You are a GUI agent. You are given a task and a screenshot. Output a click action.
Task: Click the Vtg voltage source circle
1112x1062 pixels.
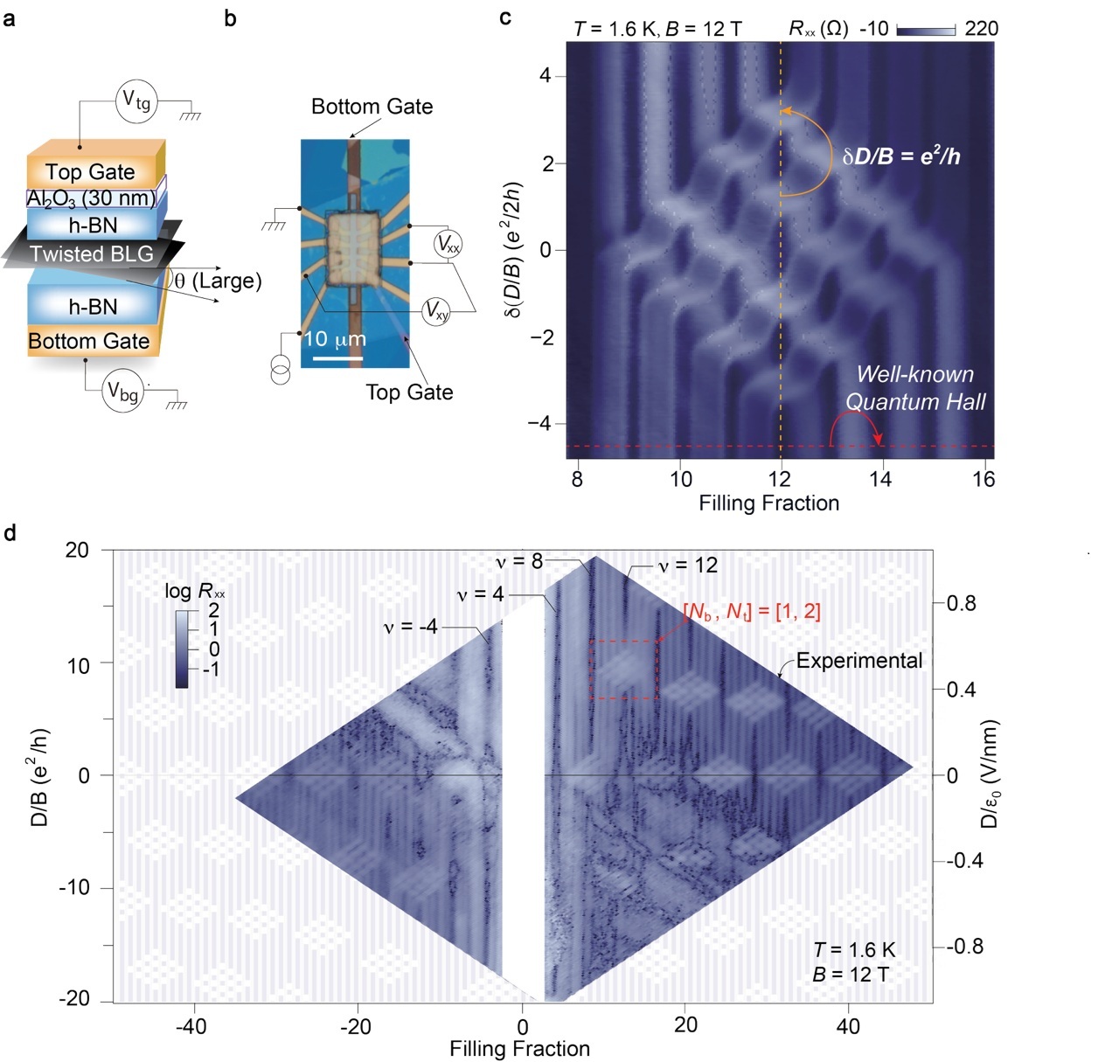pos(136,101)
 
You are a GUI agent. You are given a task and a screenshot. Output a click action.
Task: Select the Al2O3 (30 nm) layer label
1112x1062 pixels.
pos(91,198)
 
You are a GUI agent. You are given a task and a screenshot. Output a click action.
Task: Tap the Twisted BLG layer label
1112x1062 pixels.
pos(92,253)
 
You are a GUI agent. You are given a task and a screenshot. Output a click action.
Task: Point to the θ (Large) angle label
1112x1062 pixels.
pos(218,281)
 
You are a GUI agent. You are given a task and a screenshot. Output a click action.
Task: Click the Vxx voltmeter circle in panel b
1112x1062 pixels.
pos(448,245)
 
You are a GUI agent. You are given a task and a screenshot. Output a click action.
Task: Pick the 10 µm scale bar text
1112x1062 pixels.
pos(335,339)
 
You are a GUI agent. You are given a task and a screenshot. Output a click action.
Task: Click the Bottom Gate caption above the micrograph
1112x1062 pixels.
pos(372,107)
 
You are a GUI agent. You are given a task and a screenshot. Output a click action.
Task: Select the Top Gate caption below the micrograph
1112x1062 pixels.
pos(409,392)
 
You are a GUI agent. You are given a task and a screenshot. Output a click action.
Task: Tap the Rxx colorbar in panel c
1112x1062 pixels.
pos(926,30)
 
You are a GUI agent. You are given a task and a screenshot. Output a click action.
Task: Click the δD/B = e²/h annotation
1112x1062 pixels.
pos(901,156)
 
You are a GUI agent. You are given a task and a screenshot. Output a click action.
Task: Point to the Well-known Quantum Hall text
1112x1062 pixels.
pos(915,388)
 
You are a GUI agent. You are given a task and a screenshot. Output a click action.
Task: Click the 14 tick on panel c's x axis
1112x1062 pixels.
pos(880,479)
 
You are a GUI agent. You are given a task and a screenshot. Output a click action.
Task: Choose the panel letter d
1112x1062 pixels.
pos(10,532)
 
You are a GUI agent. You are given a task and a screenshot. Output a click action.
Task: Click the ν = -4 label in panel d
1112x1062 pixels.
pos(410,627)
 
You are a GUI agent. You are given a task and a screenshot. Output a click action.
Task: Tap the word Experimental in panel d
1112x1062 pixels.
pos(859,661)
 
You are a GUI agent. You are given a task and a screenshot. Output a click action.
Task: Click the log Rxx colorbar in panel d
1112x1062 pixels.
pos(182,649)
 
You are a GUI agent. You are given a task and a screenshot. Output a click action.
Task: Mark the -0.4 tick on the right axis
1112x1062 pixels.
pos(965,861)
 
